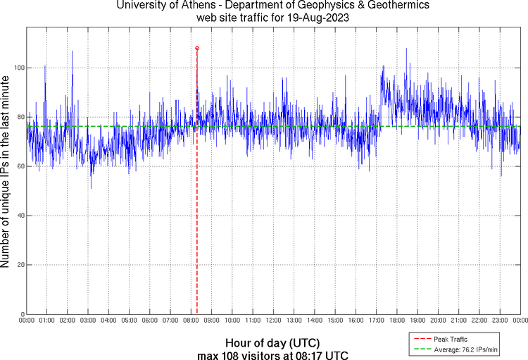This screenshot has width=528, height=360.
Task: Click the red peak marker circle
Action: [197, 48]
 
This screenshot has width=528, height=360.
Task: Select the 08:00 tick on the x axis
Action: [191, 321]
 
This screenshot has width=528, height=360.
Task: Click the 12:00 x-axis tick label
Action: [273, 321]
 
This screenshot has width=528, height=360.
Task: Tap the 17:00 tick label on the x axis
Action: [376, 321]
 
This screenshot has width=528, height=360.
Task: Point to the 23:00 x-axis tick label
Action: [499, 321]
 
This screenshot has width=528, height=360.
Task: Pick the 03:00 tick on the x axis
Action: [88, 321]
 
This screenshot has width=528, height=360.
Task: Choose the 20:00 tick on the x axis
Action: [438, 321]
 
